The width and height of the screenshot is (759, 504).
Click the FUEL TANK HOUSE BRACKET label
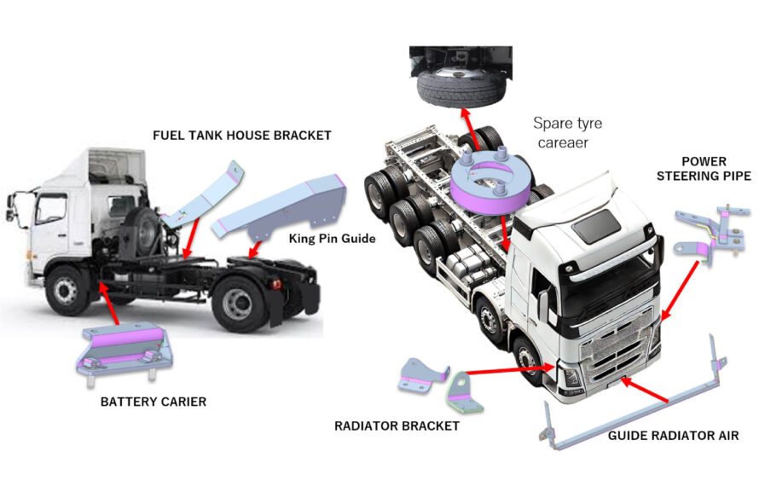[241, 135]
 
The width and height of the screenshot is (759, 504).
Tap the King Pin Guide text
[332, 238]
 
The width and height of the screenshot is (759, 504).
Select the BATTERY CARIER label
[153, 401]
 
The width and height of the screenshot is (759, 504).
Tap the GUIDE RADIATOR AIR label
[673, 436]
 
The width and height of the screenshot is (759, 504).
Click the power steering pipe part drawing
[705, 232]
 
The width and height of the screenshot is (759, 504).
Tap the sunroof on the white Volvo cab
[597, 223]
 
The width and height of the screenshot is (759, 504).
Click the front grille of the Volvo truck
[607, 357]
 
